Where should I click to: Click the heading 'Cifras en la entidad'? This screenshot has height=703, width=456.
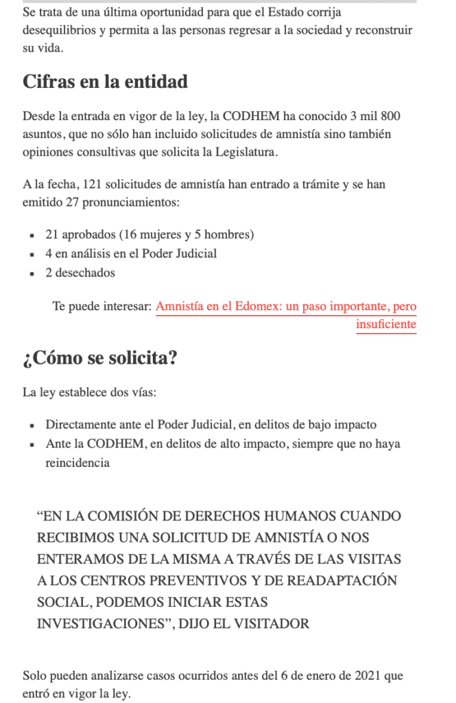105,82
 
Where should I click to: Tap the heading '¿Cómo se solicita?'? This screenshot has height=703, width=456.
100,358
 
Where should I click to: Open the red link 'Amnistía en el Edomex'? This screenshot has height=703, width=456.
286,307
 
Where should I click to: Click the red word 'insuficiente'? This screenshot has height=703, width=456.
386,324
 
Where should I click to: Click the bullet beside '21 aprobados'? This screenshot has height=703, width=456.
32,235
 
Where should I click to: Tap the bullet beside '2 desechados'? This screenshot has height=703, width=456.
32,273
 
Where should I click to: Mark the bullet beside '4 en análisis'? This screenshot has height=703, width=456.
32,255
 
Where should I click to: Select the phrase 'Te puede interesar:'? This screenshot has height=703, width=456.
101,307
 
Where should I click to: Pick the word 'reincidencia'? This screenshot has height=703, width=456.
77,463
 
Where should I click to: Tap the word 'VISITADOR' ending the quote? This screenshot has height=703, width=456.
274,623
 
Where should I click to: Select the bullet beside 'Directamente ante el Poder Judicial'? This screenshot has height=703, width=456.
32,426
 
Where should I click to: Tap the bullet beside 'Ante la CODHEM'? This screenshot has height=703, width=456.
32,445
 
